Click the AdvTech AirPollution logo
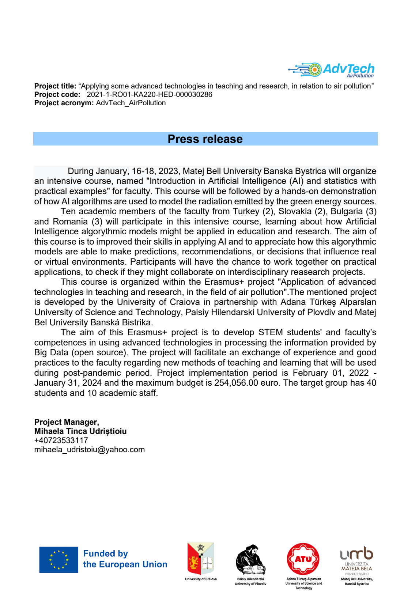pyautogui.click(x=331, y=70)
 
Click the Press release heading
pyautogui.click(x=205, y=139)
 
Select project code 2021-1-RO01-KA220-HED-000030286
pyautogui.click(x=149, y=95)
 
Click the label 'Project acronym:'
pyautogui.click(x=64, y=103)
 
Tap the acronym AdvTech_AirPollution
pyautogui.click(x=131, y=103)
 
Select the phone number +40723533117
pyautogui.click(x=61, y=441)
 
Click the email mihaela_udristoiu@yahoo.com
pyautogui.click(x=89, y=450)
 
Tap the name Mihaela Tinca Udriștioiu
pyautogui.click(x=80, y=431)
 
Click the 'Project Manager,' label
pyautogui.click(x=67, y=422)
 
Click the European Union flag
pyautogui.click(x=59, y=560)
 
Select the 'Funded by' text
pyautogui.click(x=105, y=554)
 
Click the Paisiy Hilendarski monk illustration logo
pyautogui.click(x=250, y=560)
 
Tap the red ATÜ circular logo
pyautogui.click(x=303, y=559)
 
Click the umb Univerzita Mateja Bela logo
pyautogui.click(x=356, y=560)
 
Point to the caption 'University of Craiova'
pyautogui.click(x=201, y=579)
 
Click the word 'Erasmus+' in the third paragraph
pyautogui.click(x=224, y=282)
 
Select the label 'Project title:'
pyautogui.click(x=55, y=86)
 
